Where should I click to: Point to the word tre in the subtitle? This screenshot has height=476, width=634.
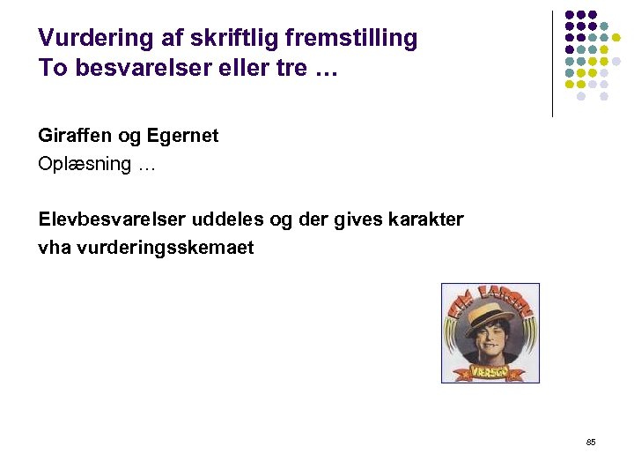[x=292, y=69]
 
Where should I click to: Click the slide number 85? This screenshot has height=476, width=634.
[x=590, y=442]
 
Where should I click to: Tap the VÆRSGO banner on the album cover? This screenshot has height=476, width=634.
[x=490, y=371]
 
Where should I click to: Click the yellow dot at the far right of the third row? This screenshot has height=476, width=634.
[x=616, y=38]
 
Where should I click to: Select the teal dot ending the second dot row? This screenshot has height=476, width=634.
[x=604, y=26]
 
